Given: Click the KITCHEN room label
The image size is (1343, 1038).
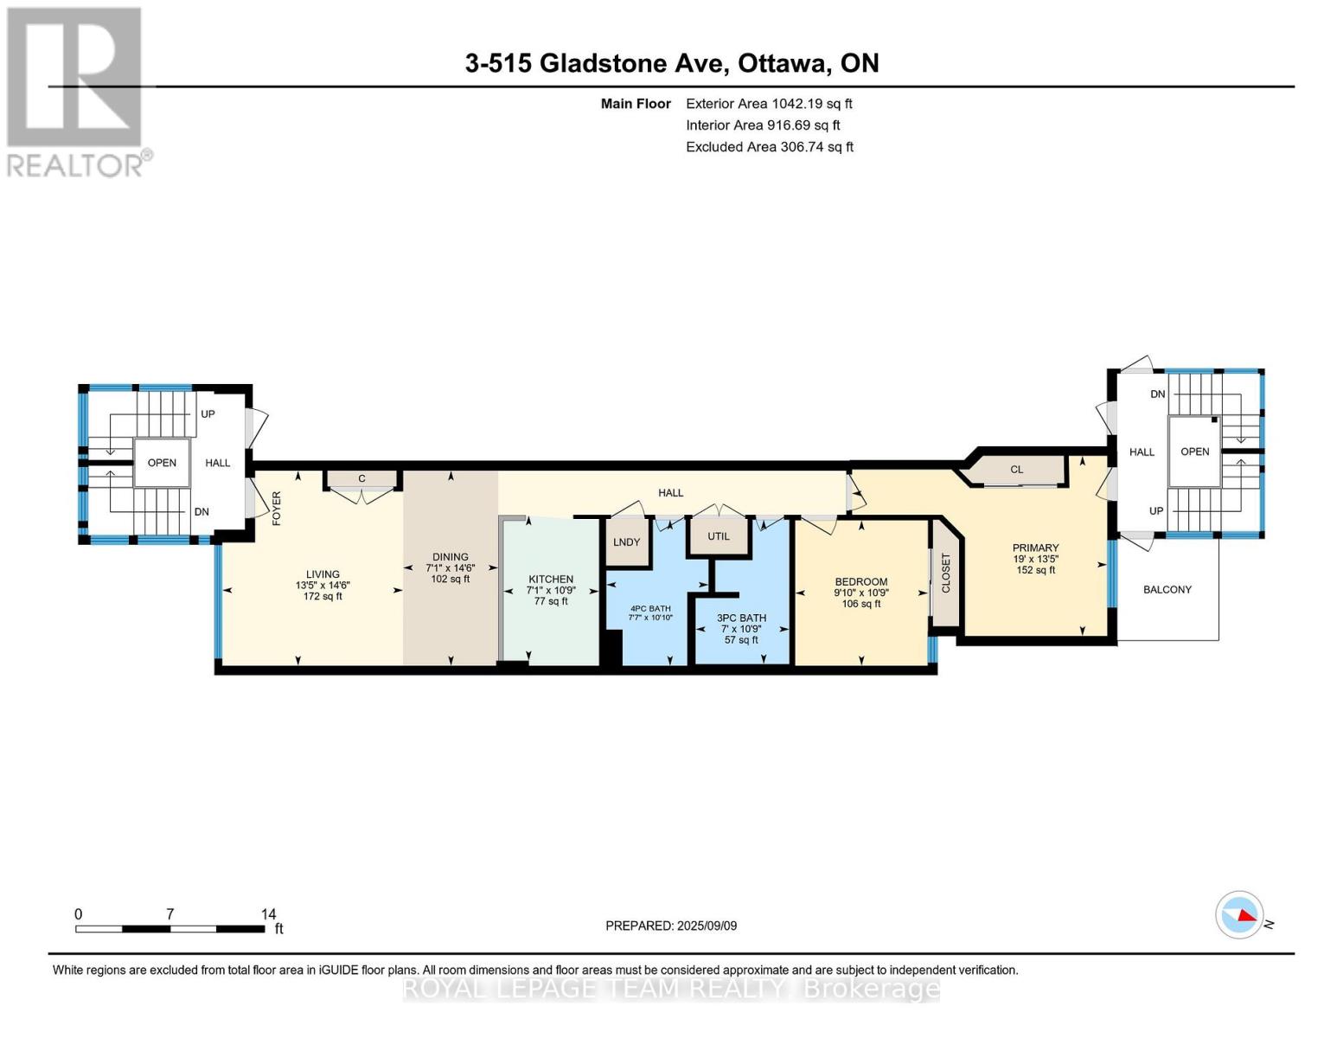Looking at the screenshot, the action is tap(551, 580).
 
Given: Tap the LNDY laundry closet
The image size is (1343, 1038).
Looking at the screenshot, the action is tap(627, 541).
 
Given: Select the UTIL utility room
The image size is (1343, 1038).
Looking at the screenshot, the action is tap(718, 536).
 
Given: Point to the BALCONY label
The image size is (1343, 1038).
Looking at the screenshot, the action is tap(1167, 589).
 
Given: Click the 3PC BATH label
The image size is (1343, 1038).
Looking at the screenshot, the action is tap(741, 618).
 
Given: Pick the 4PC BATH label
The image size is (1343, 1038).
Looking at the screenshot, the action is tap(650, 608).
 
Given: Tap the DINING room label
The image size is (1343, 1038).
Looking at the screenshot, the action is tap(450, 556).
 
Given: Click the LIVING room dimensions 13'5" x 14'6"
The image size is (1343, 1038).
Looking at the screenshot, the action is tap(323, 585).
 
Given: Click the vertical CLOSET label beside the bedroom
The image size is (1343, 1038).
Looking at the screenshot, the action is tap(945, 573).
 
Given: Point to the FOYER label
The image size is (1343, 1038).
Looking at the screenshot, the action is tap(276, 508).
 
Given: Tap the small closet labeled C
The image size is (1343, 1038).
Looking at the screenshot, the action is tap(361, 479).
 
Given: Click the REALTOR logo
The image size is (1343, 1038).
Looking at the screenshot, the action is tap(78, 93).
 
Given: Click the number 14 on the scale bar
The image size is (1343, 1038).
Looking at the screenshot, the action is tap(268, 913).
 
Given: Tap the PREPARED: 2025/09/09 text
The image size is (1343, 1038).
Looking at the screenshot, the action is tap(671, 926).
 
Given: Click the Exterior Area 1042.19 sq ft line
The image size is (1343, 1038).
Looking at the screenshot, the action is tap(769, 104).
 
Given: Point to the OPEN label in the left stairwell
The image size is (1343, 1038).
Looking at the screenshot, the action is tap(162, 463).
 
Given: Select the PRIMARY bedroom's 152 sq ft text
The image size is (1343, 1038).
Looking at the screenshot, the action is tap(1036, 569).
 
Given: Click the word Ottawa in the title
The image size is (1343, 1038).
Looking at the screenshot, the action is tap(783, 63).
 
